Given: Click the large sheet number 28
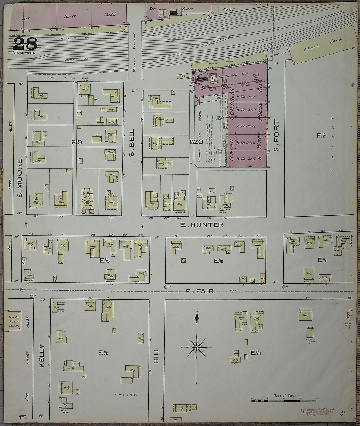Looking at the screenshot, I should coord(25,44).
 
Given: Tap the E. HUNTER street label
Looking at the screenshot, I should coord(202,225).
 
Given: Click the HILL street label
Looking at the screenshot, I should coord(156,355).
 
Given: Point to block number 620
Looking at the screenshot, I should coord(197,142).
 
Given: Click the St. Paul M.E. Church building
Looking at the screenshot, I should coord(87,200).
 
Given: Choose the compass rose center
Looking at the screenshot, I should coord(196,347).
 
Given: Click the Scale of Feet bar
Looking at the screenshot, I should coord(283,400).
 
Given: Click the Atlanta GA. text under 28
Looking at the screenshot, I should coord(25,53).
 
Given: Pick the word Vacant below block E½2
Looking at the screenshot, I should coord(126,395).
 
